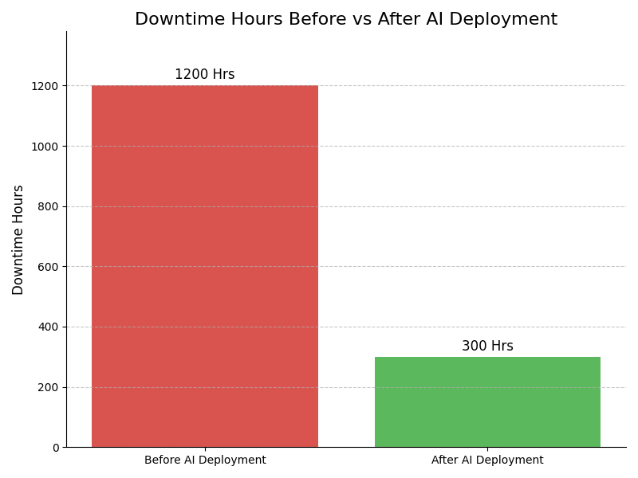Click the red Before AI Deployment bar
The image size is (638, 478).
point(205,266)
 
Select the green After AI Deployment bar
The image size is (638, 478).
point(487,402)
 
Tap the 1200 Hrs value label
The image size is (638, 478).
point(205,75)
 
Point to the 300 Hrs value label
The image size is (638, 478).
point(487,347)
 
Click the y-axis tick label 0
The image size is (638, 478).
point(56,448)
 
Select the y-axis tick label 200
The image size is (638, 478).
point(49,387)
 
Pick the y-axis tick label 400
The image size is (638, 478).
point(49,327)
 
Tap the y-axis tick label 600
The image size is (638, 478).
point(49,267)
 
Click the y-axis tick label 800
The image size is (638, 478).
point(49,206)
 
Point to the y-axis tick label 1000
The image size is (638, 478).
point(46,147)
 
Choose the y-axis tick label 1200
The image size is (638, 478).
point(46,86)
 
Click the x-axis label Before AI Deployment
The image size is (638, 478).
point(205,460)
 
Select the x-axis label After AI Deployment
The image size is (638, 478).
point(487,460)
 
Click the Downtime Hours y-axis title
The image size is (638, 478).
point(18,240)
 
